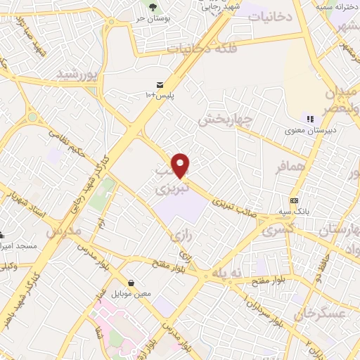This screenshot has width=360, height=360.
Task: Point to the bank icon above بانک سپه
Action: (x=293, y=200)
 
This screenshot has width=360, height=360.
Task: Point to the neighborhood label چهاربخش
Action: (x=224, y=120)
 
